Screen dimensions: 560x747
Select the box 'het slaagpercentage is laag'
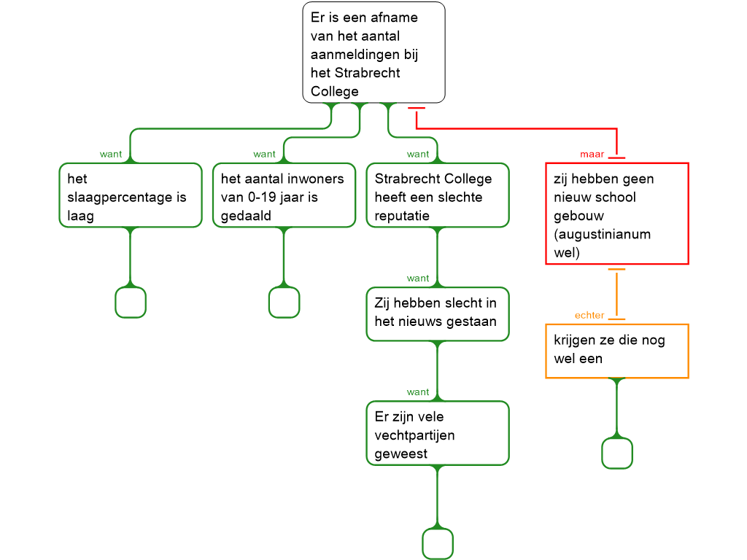130,195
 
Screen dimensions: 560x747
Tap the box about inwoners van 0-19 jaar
284,195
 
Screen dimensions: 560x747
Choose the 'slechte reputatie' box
438,195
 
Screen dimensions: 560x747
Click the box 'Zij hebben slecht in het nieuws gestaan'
438,314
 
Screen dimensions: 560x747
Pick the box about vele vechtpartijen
438,433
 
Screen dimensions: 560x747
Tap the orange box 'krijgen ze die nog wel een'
617,351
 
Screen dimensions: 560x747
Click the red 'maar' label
592,155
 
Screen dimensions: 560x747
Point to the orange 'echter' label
589,316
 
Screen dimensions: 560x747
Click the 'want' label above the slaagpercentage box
111,155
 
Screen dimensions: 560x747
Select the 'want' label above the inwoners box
265,155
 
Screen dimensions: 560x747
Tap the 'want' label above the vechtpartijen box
418,392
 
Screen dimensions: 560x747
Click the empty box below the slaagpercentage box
131,303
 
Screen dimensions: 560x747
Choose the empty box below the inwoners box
284,303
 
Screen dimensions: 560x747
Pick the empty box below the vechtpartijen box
438,544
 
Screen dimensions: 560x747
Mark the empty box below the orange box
617,454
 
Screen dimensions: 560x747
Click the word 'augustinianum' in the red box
603,235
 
